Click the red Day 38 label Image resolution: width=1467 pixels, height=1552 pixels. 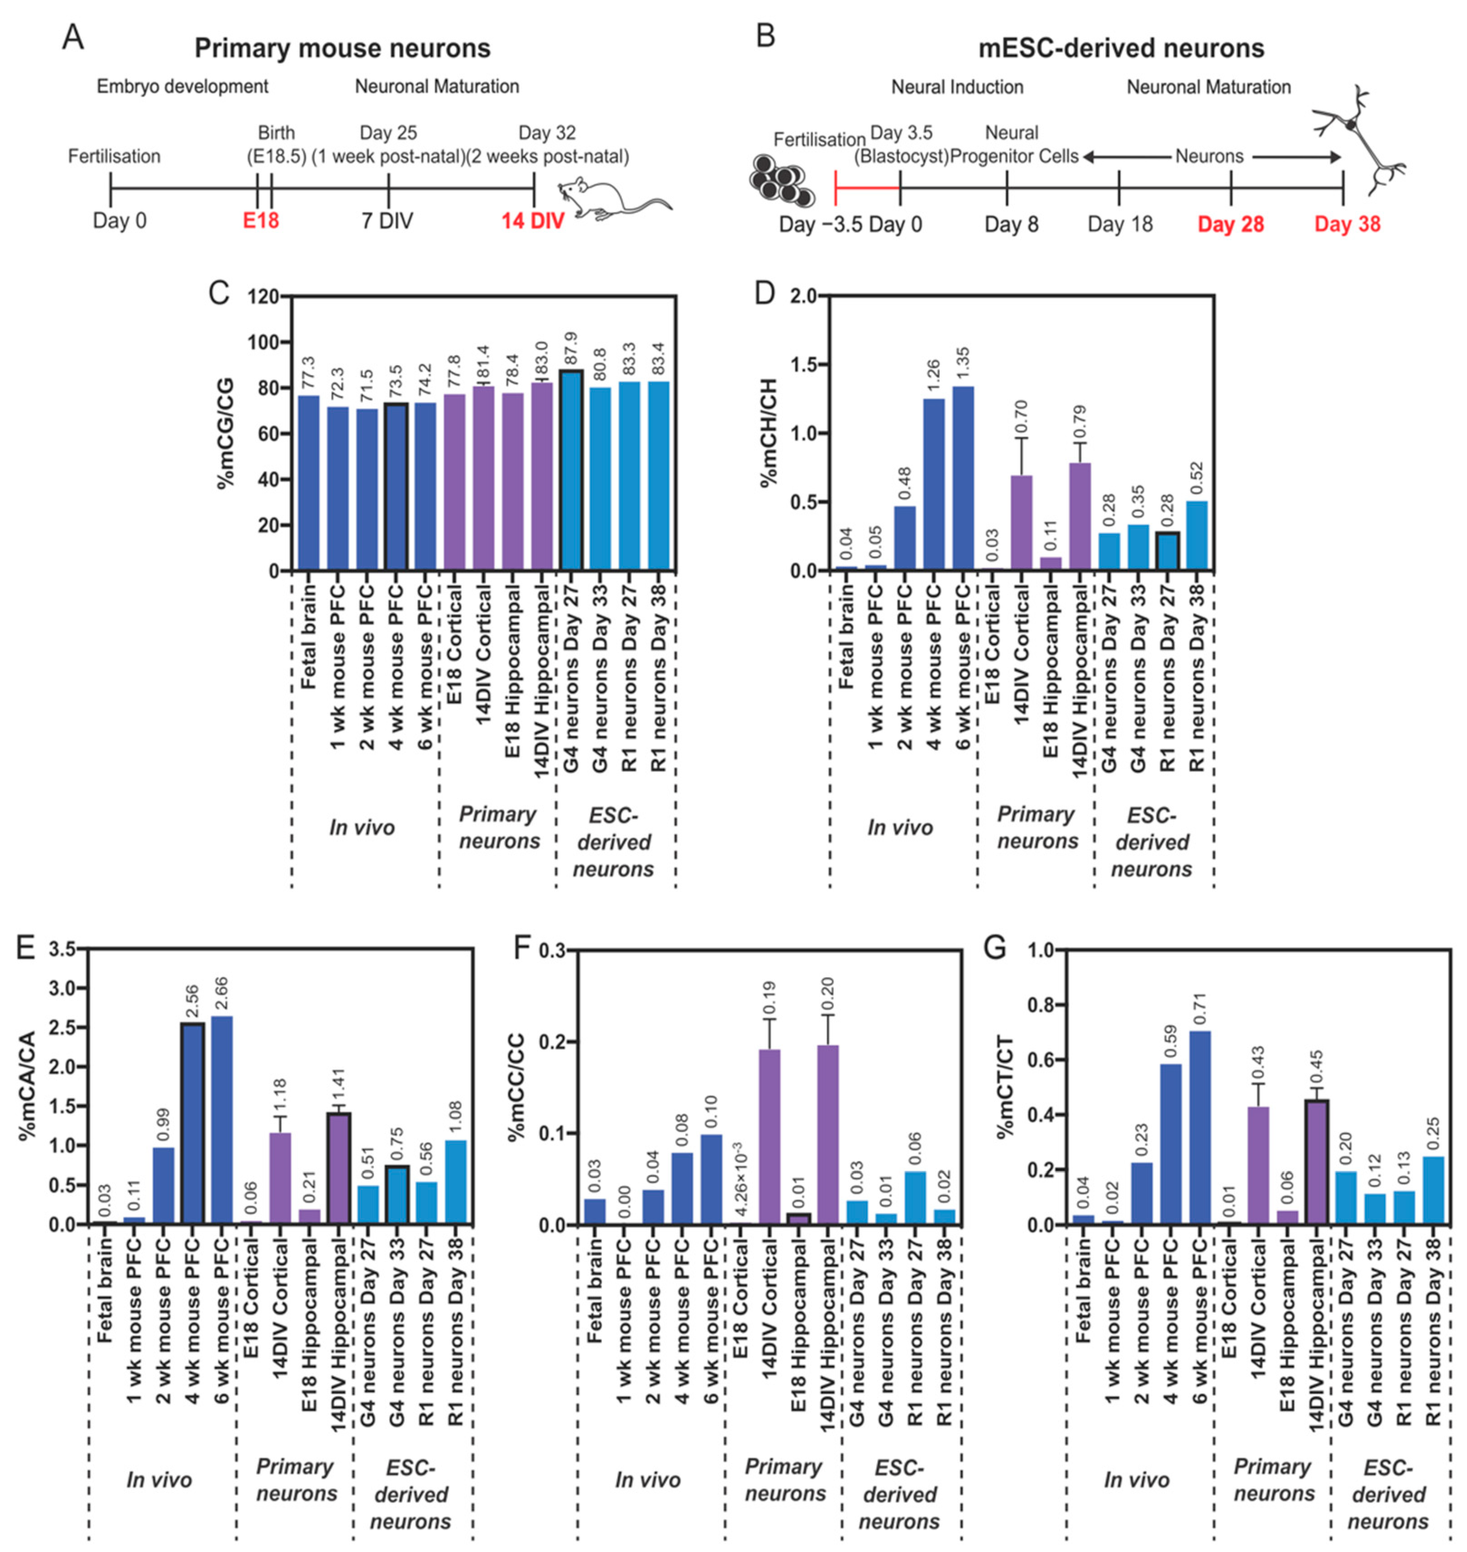pos(1347,225)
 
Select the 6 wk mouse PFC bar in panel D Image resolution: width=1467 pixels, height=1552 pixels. pos(963,478)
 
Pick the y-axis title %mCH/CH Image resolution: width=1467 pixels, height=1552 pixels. pos(770,432)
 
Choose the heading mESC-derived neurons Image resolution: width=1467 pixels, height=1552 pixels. pos(1121,48)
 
